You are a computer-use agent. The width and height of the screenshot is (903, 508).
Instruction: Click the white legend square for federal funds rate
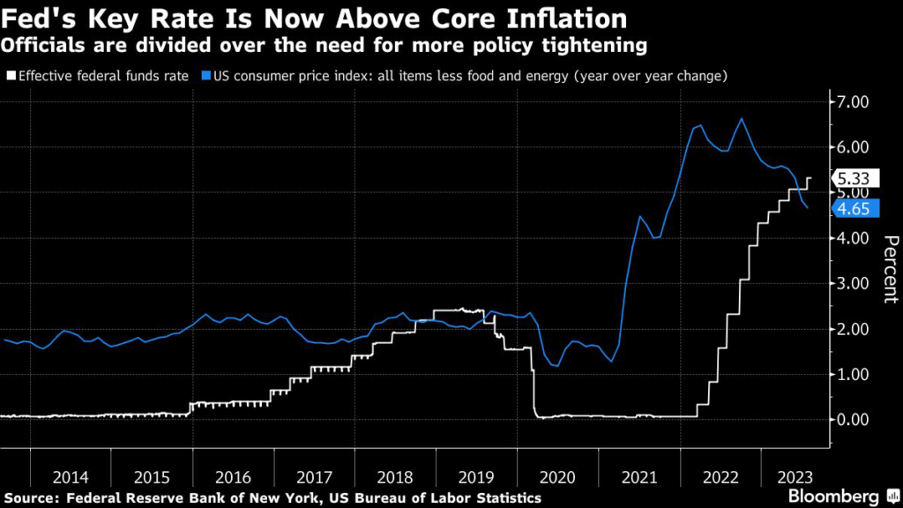[x=10, y=77]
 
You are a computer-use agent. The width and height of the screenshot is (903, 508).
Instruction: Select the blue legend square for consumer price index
[x=205, y=77]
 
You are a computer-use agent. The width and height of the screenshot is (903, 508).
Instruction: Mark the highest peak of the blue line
[x=741, y=118]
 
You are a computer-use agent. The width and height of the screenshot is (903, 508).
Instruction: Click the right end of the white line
[x=810, y=178]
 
